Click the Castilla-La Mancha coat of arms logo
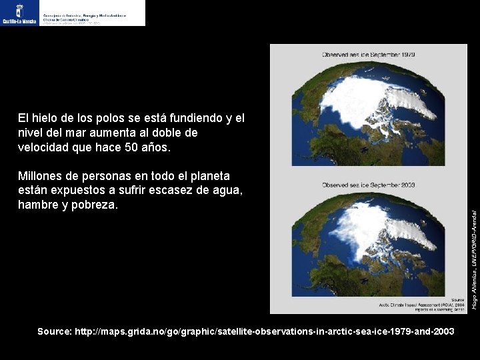(x=19, y=13)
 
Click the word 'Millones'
(x=42, y=176)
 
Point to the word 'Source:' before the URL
(x=55, y=331)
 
